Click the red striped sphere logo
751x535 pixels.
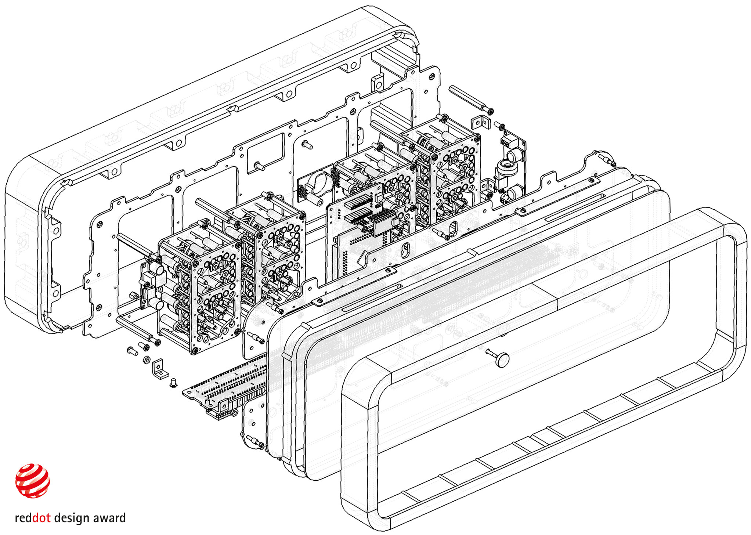coord(33,480)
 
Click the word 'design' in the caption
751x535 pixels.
coord(72,518)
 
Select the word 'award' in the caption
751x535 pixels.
coord(109,518)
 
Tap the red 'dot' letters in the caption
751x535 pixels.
coord(41,518)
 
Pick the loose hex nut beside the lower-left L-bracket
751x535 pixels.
coord(146,359)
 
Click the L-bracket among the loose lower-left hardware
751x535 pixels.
coord(160,369)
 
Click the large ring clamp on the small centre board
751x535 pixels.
coord(319,182)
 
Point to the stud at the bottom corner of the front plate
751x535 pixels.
coord(255,441)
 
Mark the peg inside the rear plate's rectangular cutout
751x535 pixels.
coord(260,166)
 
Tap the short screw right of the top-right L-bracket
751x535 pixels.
coord(499,126)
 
